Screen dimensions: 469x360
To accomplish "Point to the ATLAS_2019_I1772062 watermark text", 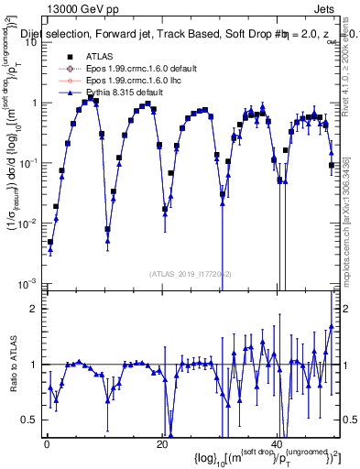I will (x=184, y=272).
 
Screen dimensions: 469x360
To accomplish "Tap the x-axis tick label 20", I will (x=161, y=444).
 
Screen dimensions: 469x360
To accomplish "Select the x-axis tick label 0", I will (x=47, y=444).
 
